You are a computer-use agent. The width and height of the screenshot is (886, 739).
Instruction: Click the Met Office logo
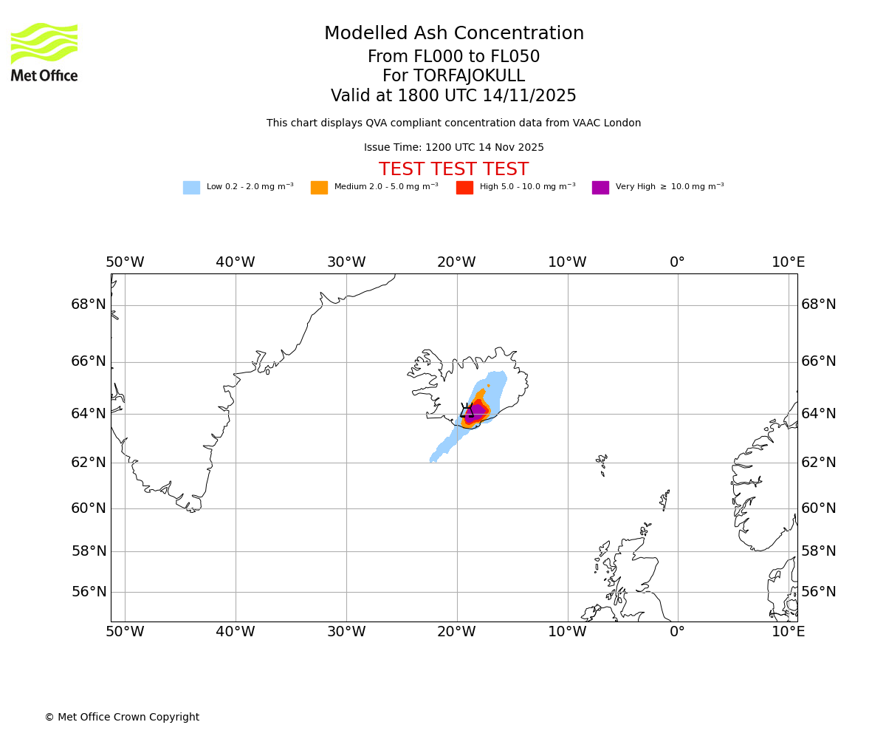[x=44, y=52]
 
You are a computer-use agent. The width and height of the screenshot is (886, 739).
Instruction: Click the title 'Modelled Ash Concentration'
[x=454, y=34]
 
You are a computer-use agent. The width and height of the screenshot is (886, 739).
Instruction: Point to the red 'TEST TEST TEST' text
[x=453, y=170]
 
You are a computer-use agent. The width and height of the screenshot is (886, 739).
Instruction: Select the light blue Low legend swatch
[x=191, y=188]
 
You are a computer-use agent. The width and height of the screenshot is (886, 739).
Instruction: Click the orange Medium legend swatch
[x=319, y=188]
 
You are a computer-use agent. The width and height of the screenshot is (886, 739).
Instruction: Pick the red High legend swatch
[x=464, y=188]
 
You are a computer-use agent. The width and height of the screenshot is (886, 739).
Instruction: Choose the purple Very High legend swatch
[x=600, y=188]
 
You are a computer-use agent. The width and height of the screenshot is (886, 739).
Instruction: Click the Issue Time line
[x=453, y=148]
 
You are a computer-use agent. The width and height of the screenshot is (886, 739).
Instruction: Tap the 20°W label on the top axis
[x=456, y=262]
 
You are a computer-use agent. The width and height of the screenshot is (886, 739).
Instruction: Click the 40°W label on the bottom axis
[x=235, y=632]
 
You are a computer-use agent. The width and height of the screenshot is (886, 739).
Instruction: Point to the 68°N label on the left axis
[x=89, y=304]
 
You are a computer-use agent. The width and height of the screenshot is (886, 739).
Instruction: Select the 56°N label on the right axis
[x=819, y=592]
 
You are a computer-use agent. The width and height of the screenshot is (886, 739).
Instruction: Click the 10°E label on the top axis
[x=788, y=262]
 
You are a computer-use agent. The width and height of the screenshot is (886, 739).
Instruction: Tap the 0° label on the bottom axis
[x=677, y=632]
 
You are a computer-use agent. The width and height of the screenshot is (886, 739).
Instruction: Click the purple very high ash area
[x=477, y=411]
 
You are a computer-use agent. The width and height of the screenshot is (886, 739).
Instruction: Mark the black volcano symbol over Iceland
[x=467, y=411]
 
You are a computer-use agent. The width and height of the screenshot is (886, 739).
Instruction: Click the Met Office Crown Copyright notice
[x=122, y=718]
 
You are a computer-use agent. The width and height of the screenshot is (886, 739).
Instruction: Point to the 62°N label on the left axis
[x=89, y=463]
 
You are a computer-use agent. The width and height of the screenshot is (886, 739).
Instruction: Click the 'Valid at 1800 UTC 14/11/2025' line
[x=453, y=96]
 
